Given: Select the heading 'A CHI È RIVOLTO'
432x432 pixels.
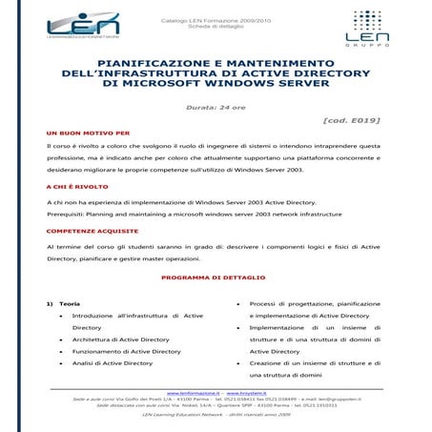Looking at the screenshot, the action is (74, 188).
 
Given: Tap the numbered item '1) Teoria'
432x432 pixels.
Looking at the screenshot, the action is (63, 303).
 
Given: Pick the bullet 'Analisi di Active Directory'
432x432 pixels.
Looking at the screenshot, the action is (112, 363).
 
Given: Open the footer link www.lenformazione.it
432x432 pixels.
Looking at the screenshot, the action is (195, 392).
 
